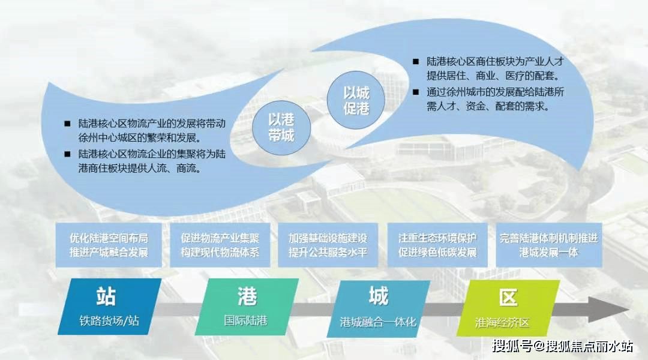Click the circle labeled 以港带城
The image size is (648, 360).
tap(281, 127)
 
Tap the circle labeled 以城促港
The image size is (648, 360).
tap(356, 100)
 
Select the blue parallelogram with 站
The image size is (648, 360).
tap(110, 306)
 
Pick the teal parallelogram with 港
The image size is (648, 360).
tap(247, 306)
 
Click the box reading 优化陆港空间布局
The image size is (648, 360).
tap(109, 245)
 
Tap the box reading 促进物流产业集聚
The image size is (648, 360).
tap(220, 245)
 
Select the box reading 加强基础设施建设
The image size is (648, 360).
tap(328, 245)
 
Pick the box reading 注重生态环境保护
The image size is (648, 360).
tap(437, 245)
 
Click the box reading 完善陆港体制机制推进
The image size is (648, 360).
tap(549, 245)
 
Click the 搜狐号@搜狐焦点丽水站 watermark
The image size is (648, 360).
tap(562, 346)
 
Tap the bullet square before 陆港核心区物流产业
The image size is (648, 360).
tap(67, 124)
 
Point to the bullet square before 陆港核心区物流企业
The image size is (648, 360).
tap(67, 154)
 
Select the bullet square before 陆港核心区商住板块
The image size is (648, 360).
tap(416, 62)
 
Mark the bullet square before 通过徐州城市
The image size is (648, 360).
tap(416, 92)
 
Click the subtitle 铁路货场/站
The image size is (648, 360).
tap(109, 321)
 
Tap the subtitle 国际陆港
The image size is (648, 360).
tap(246, 321)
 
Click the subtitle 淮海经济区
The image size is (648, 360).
tap(502, 322)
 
